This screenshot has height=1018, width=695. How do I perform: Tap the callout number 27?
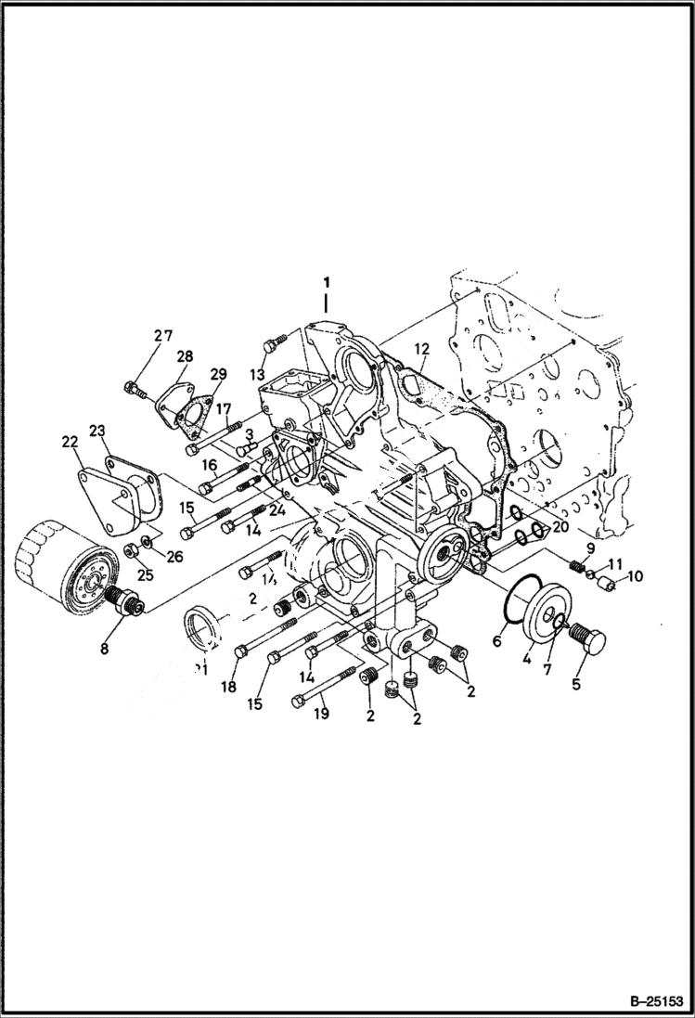pos(163,336)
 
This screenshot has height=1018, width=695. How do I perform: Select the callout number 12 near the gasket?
pos(421,349)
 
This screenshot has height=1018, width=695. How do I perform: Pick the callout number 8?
pos(104,649)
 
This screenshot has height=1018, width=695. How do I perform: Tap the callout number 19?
pos(321,714)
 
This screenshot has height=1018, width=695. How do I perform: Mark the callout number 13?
pos(256,373)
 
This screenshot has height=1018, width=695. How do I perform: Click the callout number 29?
pos(217,374)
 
